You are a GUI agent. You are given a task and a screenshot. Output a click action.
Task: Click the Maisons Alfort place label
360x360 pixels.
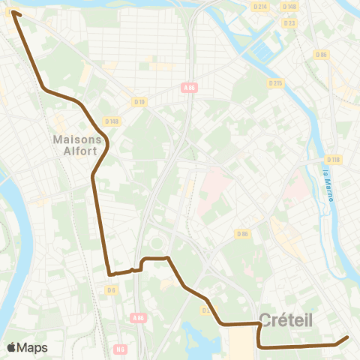click(x=78, y=145)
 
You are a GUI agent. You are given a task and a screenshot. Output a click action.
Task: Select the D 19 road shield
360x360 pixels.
click(x=139, y=101)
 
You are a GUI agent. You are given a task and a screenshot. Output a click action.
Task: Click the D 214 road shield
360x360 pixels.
click(x=260, y=7)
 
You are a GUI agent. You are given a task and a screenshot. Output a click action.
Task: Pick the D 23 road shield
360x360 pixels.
click(x=289, y=23)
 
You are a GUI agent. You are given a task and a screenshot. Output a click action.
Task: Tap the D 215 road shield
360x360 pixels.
click(x=274, y=83)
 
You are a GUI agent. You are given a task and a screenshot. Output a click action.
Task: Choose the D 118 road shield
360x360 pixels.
click(x=334, y=160)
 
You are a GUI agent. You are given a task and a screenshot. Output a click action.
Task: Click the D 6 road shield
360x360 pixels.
click(x=111, y=289)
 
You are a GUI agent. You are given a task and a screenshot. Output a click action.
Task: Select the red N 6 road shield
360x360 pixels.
click(x=121, y=349)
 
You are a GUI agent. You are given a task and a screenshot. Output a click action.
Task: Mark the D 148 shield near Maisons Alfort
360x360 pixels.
click(x=112, y=121)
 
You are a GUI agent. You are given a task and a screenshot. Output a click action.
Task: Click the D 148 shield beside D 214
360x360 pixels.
click(x=290, y=7)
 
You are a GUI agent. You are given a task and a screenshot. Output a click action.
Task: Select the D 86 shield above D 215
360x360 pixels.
click(x=322, y=54)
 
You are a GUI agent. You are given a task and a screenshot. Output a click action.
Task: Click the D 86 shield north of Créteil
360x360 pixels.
click(x=241, y=234)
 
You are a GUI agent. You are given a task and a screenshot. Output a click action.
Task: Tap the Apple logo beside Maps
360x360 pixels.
click(x=11, y=347)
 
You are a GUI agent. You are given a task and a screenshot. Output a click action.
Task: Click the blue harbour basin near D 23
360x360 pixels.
click(x=266, y=51)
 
